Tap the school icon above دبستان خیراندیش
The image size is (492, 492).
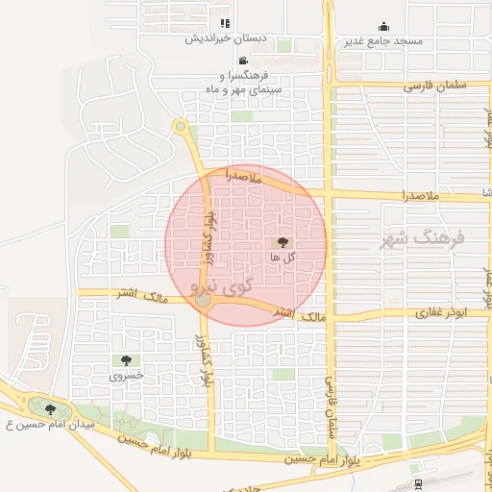point(225,23)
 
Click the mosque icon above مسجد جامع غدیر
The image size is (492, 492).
point(384,26)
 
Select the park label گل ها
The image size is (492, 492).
point(282,258)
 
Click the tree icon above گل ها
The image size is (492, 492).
point(283,244)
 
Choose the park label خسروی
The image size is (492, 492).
point(126,376)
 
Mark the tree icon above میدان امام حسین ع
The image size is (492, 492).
point(50,409)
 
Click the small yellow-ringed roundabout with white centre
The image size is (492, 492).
point(180,126)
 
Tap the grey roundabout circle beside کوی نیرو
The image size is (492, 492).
point(203,302)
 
